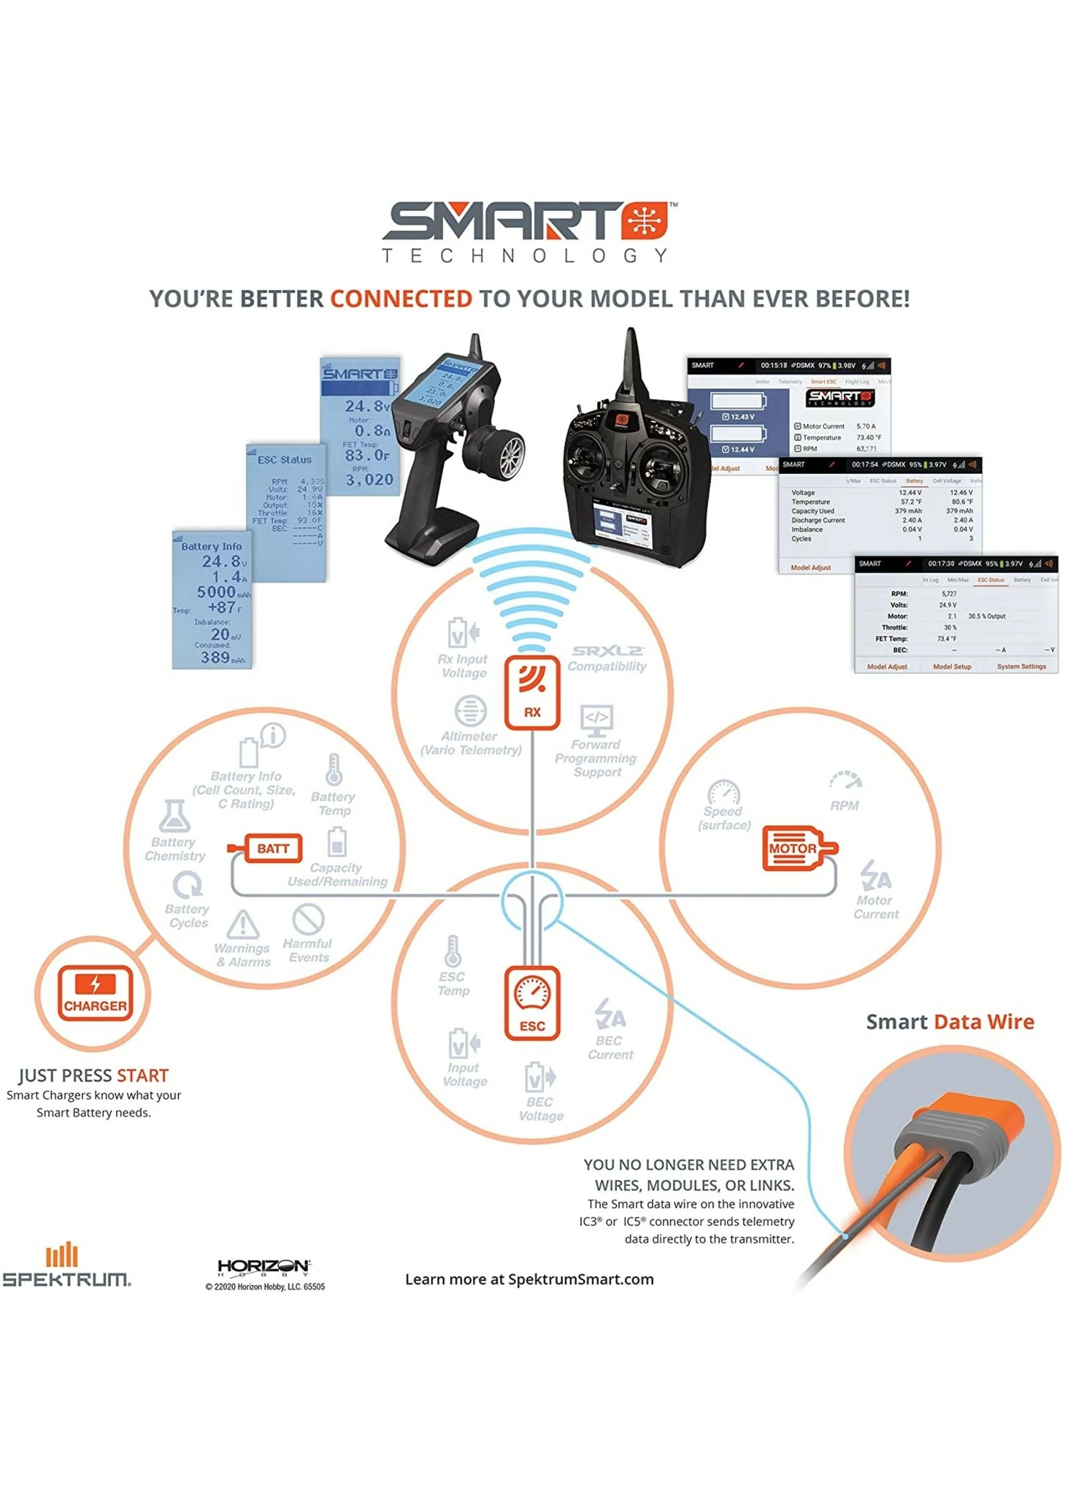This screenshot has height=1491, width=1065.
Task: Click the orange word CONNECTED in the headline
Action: pyautogui.click(x=401, y=299)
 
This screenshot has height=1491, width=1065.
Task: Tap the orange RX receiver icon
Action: pyautogui.click(x=532, y=692)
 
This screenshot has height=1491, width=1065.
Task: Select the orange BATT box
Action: pyautogui.click(x=272, y=848)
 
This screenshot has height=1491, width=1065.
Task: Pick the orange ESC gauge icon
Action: pyautogui.click(x=532, y=1002)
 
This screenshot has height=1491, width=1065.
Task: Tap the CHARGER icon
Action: pyautogui.click(x=95, y=993)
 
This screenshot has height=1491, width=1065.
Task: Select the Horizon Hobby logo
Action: pyautogui.click(x=263, y=1267)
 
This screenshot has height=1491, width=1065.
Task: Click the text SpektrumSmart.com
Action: pyautogui.click(x=580, y=1279)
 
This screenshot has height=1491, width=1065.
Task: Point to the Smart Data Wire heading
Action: pyautogui.click(x=950, y=1022)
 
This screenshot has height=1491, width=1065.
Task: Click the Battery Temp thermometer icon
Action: pyautogui.click(x=334, y=769)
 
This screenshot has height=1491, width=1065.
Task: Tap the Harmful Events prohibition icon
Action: pyautogui.click(x=308, y=919)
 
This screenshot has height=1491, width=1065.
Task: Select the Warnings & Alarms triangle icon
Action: pyautogui.click(x=242, y=924)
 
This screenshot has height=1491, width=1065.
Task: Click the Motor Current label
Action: pyautogui.click(x=875, y=907)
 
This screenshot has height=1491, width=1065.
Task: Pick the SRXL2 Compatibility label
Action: pyautogui.click(x=607, y=659)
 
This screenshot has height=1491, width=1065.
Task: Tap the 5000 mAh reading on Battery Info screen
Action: pyautogui.click(x=217, y=592)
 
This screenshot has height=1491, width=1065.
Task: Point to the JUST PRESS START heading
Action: pyautogui.click(x=93, y=1075)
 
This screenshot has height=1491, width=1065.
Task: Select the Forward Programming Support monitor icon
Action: pyautogui.click(x=596, y=718)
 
